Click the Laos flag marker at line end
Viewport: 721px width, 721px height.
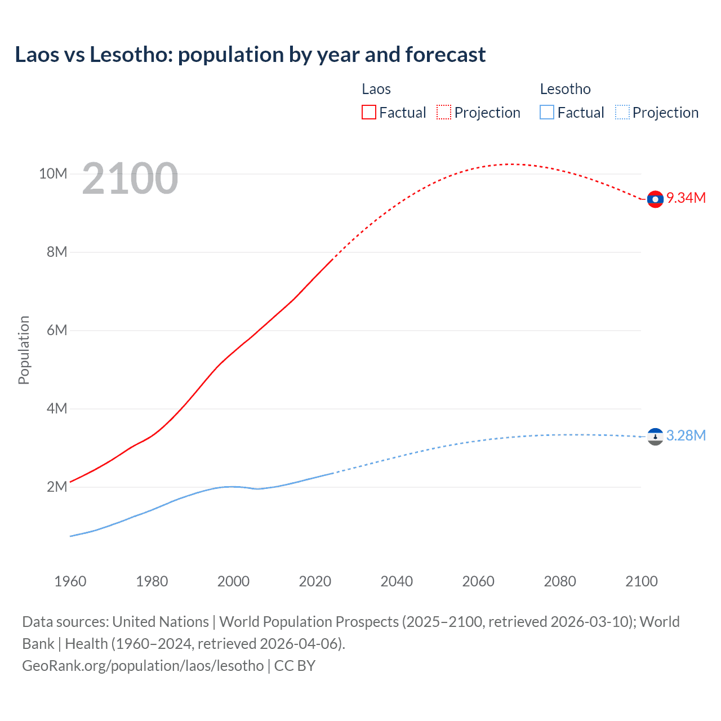pos(655,199)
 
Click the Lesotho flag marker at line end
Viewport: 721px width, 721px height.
pos(655,437)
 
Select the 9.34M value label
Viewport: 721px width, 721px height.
pos(686,198)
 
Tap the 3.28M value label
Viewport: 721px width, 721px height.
pos(686,436)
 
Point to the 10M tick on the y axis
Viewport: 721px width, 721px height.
pos(53,174)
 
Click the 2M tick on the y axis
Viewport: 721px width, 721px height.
pos(57,487)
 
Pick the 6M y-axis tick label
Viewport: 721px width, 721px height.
pos(57,331)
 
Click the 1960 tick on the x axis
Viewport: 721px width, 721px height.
pos(70,581)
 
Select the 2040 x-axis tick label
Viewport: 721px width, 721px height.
pos(397,581)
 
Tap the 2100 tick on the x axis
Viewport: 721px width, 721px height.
pos(641,581)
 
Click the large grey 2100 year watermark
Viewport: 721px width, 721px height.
pos(130,179)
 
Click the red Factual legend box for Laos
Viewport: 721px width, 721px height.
pos(369,113)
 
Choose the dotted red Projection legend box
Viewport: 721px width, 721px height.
pos(444,113)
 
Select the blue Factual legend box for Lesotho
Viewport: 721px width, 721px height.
pos(547,113)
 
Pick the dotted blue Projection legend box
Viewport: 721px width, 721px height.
pos(622,113)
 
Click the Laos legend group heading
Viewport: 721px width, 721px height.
pos(376,90)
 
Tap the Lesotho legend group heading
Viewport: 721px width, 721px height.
pos(565,90)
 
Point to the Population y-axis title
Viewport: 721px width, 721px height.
pos(24,350)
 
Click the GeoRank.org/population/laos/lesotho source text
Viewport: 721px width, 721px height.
pos(143,666)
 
